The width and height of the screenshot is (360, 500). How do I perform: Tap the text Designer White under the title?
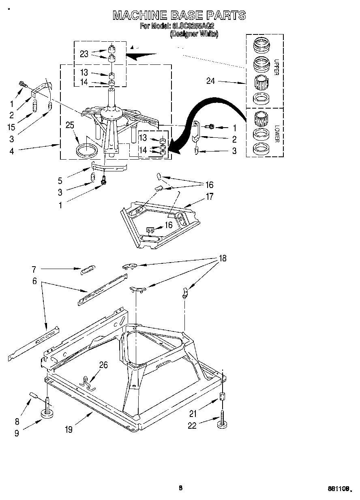tap(194, 34)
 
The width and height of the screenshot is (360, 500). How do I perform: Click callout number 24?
tap(210, 81)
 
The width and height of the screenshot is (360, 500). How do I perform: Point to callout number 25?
tap(70, 125)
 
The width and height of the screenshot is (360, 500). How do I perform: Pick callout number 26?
tap(103, 365)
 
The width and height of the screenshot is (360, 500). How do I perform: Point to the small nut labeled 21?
tap(222, 397)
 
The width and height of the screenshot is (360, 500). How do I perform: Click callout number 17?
tap(210, 197)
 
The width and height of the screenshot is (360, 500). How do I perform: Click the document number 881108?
tap(339, 489)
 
